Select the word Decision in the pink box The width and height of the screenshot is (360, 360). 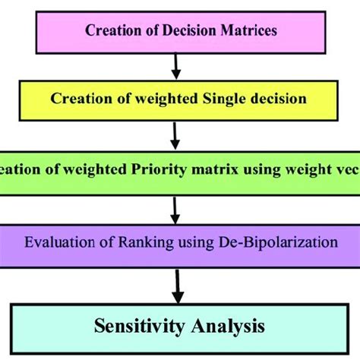point(182,31)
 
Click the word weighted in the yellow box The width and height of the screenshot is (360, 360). point(168,99)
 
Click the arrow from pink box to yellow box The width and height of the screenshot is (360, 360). point(176,65)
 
